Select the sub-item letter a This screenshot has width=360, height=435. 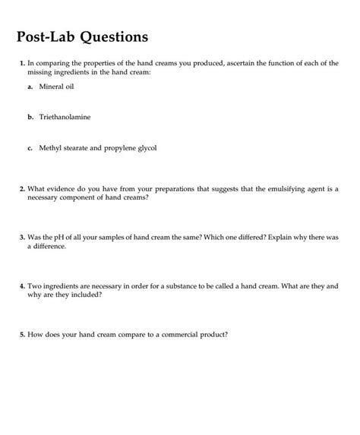(30, 88)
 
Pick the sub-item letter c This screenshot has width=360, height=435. (30, 148)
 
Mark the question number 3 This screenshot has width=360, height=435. (22, 238)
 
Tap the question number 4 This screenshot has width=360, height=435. (22, 288)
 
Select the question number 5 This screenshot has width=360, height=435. (22, 333)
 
